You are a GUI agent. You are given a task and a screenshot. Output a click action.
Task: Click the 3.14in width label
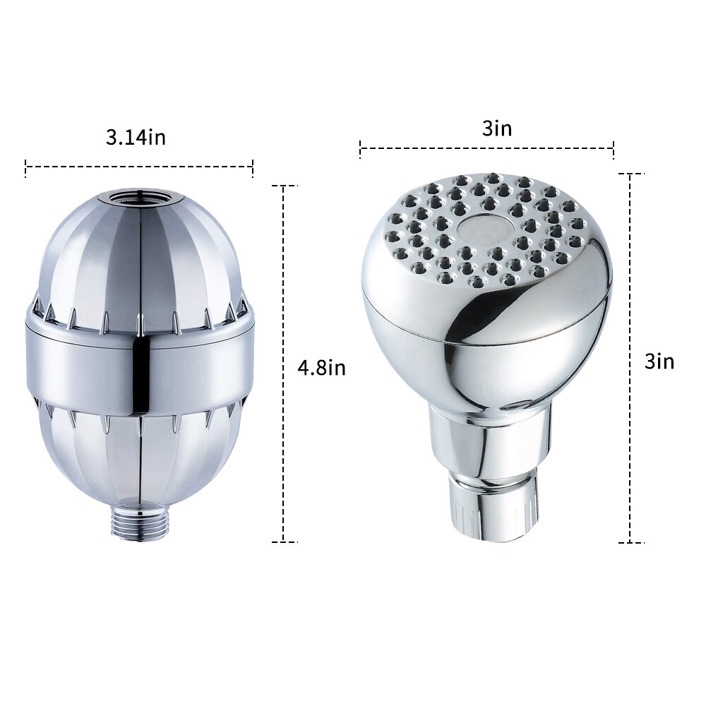click(x=136, y=137)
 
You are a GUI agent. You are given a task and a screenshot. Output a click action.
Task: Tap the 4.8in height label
click(x=322, y=369)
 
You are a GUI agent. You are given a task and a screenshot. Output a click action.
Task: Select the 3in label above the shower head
click(x=496, y=128)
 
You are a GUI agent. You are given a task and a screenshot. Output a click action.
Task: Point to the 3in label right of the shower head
click(x=659, y=361)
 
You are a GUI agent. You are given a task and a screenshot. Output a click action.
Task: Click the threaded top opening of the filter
click(x=138, y=197)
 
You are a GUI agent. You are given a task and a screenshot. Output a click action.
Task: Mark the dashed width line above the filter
click(x=139, y=167)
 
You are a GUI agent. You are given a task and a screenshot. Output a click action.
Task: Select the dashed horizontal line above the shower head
click(x=486, y=148)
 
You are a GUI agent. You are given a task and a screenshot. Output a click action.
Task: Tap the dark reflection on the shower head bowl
click(x=473, y=318)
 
